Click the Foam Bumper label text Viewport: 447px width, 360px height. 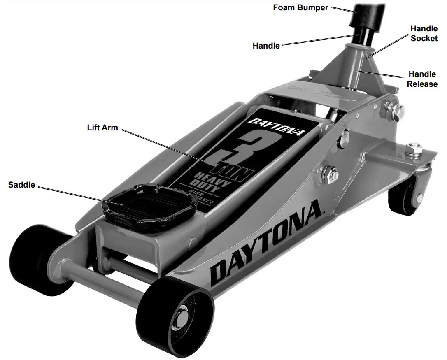(x=300, y=7)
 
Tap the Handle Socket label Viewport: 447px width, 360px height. (x=424, y=33)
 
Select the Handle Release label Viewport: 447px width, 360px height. (x=422, y=79)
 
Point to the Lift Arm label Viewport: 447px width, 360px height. (x=102, y=128)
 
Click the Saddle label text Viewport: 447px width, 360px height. (x=21, y=185)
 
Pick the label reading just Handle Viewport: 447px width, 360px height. (x=266, y=46)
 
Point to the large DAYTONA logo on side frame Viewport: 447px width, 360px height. (x=265, y=243)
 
